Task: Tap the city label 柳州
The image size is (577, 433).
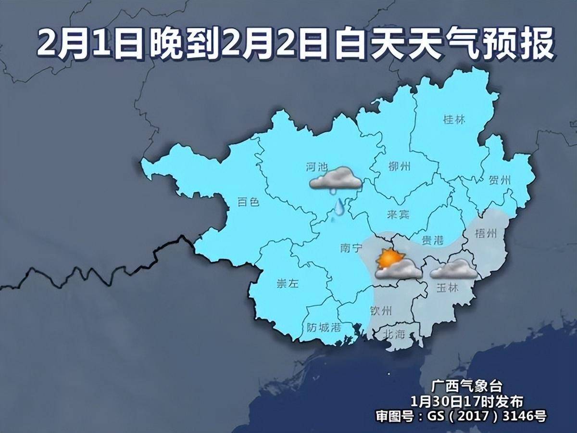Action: coord(399,167)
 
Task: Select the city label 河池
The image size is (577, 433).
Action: coord(316,167)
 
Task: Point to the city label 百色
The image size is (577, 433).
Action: coord(249,202)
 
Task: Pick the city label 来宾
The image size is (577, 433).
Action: coord(398,215)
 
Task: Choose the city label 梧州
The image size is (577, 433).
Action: coord(485,233)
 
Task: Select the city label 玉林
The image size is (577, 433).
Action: coord(447,288)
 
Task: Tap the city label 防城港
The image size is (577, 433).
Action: coord(324,328)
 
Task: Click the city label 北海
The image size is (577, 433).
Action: coord(394,334)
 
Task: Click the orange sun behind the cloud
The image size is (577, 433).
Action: coord(388,259)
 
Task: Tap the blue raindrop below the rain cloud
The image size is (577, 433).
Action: coord(339,206)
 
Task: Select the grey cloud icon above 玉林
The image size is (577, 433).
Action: coord(454,270)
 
